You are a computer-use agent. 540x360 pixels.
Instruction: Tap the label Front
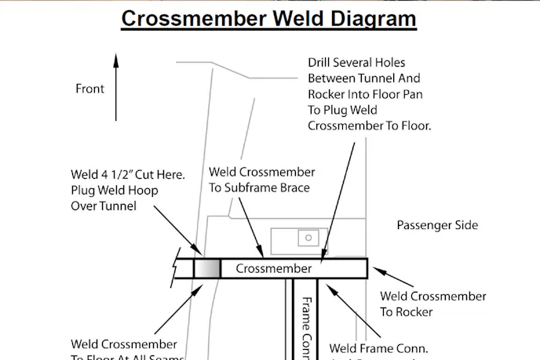tap(89, 89)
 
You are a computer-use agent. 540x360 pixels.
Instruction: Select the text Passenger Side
tap(437, 225)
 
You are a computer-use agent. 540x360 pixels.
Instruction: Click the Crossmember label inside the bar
tap(273, 268)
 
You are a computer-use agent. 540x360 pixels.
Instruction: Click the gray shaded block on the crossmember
tap(207, 268)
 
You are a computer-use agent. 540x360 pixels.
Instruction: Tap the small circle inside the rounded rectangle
tap(308, 237)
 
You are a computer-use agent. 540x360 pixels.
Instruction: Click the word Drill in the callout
tap(323, 62)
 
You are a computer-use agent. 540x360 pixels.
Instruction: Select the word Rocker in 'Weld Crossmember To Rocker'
tap(414, 311)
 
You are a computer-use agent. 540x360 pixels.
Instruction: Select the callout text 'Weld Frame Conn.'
tap(378, 347)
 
